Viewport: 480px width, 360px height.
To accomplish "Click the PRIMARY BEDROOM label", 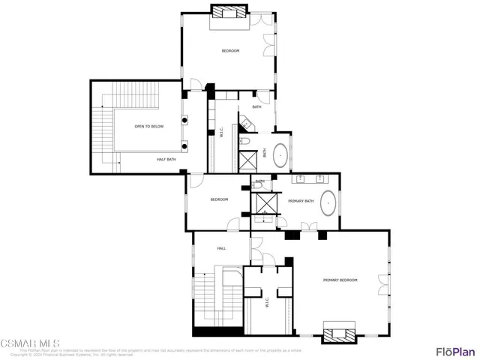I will coord(340,280).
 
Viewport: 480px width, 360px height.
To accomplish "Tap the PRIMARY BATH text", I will coord(300,201).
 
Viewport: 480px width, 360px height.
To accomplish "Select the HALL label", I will coord(221,248).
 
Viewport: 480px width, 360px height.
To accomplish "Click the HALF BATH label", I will coord(166,159).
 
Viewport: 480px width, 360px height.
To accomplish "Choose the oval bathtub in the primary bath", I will coord(328,202).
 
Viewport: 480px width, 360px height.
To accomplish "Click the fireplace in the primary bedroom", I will coord(339,331).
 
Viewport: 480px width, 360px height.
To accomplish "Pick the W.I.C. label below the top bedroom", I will coord(220,133).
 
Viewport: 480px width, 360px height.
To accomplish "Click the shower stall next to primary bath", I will coord(266,203).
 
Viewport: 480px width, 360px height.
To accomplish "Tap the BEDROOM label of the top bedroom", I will coord(229,50).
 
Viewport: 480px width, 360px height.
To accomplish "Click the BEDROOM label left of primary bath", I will coord(218,199).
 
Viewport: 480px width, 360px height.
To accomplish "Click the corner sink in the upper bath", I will coord(245,120).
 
